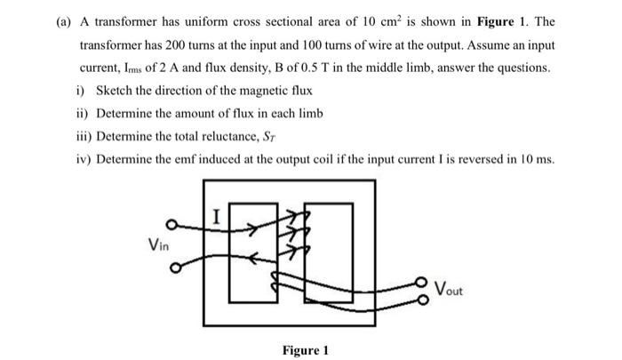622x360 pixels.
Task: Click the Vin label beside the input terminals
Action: (x=161, y=243)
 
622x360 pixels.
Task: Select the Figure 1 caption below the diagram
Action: (x=306, y=350)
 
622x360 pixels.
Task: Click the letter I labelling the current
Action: (x=217, y=213)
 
